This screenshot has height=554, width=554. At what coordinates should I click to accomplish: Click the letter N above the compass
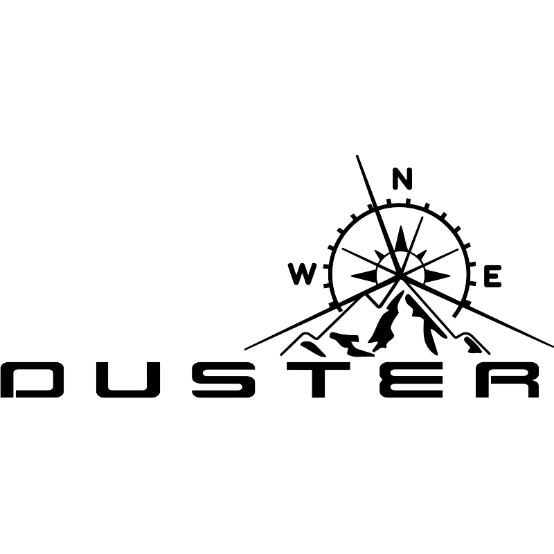click(x=402, y=179)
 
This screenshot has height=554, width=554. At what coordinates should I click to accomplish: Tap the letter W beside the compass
click(x=303, y=274)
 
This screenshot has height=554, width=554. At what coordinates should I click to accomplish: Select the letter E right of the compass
click(x=493, y=276)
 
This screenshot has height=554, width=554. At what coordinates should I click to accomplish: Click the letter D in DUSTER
click(x=32, y=379)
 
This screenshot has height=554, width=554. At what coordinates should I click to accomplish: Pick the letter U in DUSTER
click(x=128, y=379)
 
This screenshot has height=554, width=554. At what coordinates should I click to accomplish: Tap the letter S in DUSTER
click(x=224, y=379)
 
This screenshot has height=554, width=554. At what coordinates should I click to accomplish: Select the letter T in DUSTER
click(x=319, y=379)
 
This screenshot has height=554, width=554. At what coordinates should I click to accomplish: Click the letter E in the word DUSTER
click(x=411, y=379)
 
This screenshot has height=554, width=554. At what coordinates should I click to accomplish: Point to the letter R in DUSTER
click(x=508, y=379)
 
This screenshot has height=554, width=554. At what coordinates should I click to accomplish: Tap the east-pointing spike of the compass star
click(x=437, y=276)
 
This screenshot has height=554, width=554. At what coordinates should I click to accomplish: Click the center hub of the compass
click(x=400, y=276)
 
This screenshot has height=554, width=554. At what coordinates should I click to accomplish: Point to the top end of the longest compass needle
click(x=357, y=157)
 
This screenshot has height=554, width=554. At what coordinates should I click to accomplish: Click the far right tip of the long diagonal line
click(x=552, y=346)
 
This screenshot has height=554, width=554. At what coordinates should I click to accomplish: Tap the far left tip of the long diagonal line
click(x=245, y=350)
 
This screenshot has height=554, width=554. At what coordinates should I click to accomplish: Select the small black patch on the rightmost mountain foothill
click(x=473, y=345)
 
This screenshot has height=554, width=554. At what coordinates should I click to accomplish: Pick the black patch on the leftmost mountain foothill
click(x=313, y=348)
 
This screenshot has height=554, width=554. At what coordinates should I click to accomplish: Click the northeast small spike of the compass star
click(x=421, y=255)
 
